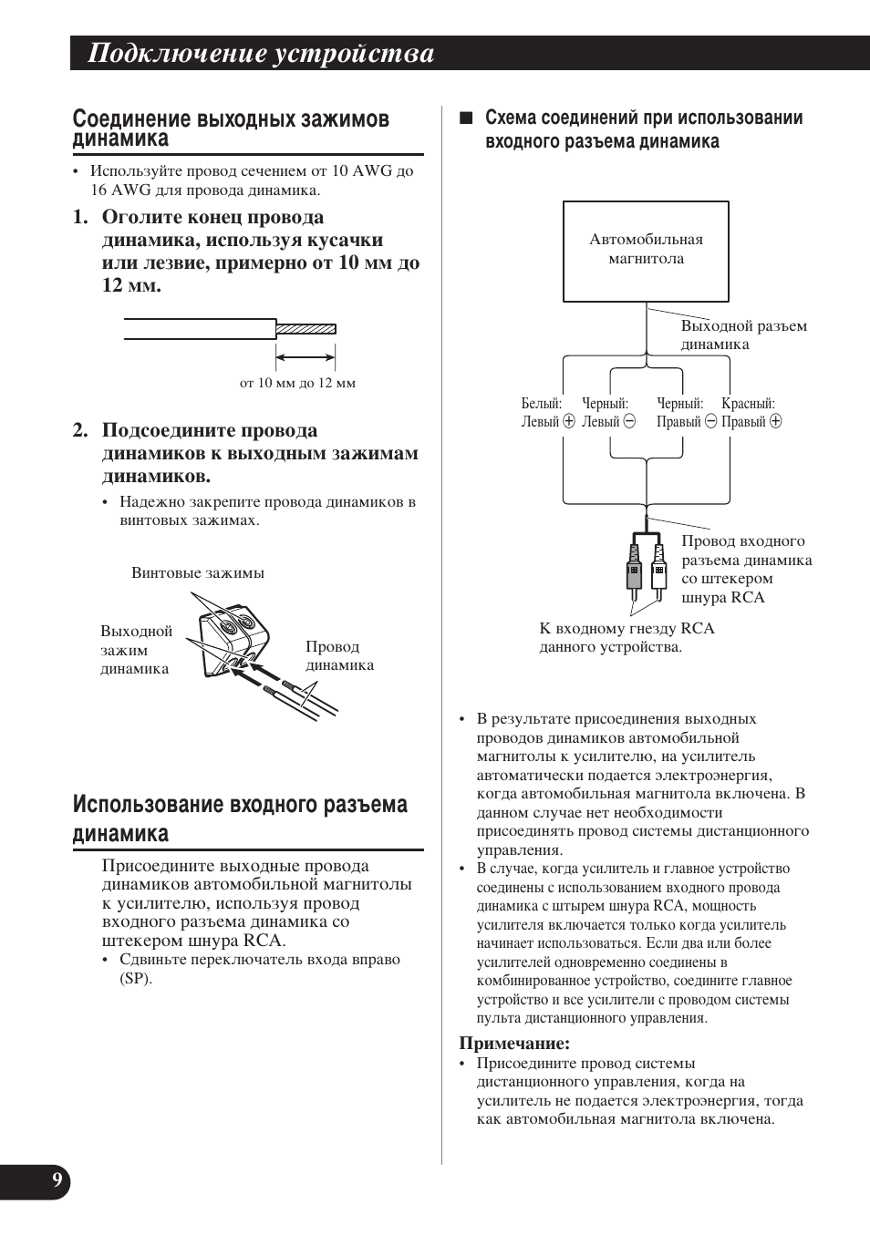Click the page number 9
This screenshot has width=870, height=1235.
point(57,1181)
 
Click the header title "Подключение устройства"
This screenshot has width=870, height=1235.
point(261,55)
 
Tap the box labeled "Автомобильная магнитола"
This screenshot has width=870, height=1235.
point(646,251)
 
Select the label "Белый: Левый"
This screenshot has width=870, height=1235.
point(547,413)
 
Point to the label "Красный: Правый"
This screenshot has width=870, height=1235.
point(751,413)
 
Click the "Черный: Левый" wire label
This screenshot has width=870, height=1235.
point(607,413)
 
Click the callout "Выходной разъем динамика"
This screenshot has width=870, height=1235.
point(743,334)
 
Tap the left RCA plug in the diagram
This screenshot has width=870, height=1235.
point(634,571)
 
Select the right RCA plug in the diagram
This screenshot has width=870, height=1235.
point(658,571)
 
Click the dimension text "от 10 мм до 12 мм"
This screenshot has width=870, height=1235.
point(297,383)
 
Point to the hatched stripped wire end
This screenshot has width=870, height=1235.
point(306,328)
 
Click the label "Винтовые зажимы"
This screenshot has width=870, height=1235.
point(198,573)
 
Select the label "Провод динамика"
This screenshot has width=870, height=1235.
point(338,655)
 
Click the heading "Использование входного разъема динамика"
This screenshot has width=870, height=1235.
point(240,818)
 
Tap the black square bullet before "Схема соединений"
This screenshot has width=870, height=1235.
point(466,118)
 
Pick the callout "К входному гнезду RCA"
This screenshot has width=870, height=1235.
point(627,637)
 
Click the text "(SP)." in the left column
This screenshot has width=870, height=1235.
point(136,979)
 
